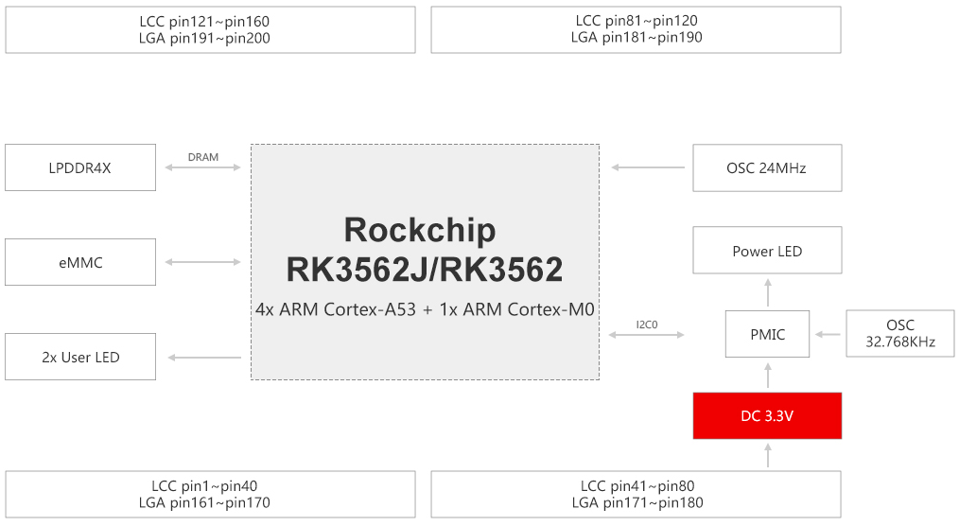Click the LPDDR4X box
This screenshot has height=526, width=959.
tap(80, 167)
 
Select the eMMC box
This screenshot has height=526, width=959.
tap(80, 262)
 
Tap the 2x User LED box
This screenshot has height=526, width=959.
tap(80, 357)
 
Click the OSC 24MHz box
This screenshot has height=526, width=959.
tap(767, 168)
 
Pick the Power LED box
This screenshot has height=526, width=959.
tap(767, 250)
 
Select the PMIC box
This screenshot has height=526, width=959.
tap(767, 334)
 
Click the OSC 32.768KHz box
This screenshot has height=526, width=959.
tap(899, 333)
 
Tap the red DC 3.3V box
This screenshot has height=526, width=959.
tap(767, 416)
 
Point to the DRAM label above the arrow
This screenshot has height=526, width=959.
tap(203, 157)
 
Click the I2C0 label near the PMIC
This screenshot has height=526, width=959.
tap(647, 324)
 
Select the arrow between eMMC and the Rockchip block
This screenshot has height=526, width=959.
tap(203, 262)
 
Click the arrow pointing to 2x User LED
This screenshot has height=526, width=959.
tap(204, 358)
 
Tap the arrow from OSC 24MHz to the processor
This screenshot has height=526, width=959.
tap(648, 167)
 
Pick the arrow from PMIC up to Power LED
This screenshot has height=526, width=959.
tap(768, 292)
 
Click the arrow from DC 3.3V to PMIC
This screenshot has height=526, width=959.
tap(768, 375)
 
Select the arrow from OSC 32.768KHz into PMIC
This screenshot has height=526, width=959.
tap(828, 334)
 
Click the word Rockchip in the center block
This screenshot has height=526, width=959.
tap(420, 231)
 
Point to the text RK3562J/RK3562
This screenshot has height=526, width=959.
tap(425, 270)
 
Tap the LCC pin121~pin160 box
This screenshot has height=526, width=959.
tap(210, 30)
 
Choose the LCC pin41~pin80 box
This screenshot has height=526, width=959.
tap(636, 494)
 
